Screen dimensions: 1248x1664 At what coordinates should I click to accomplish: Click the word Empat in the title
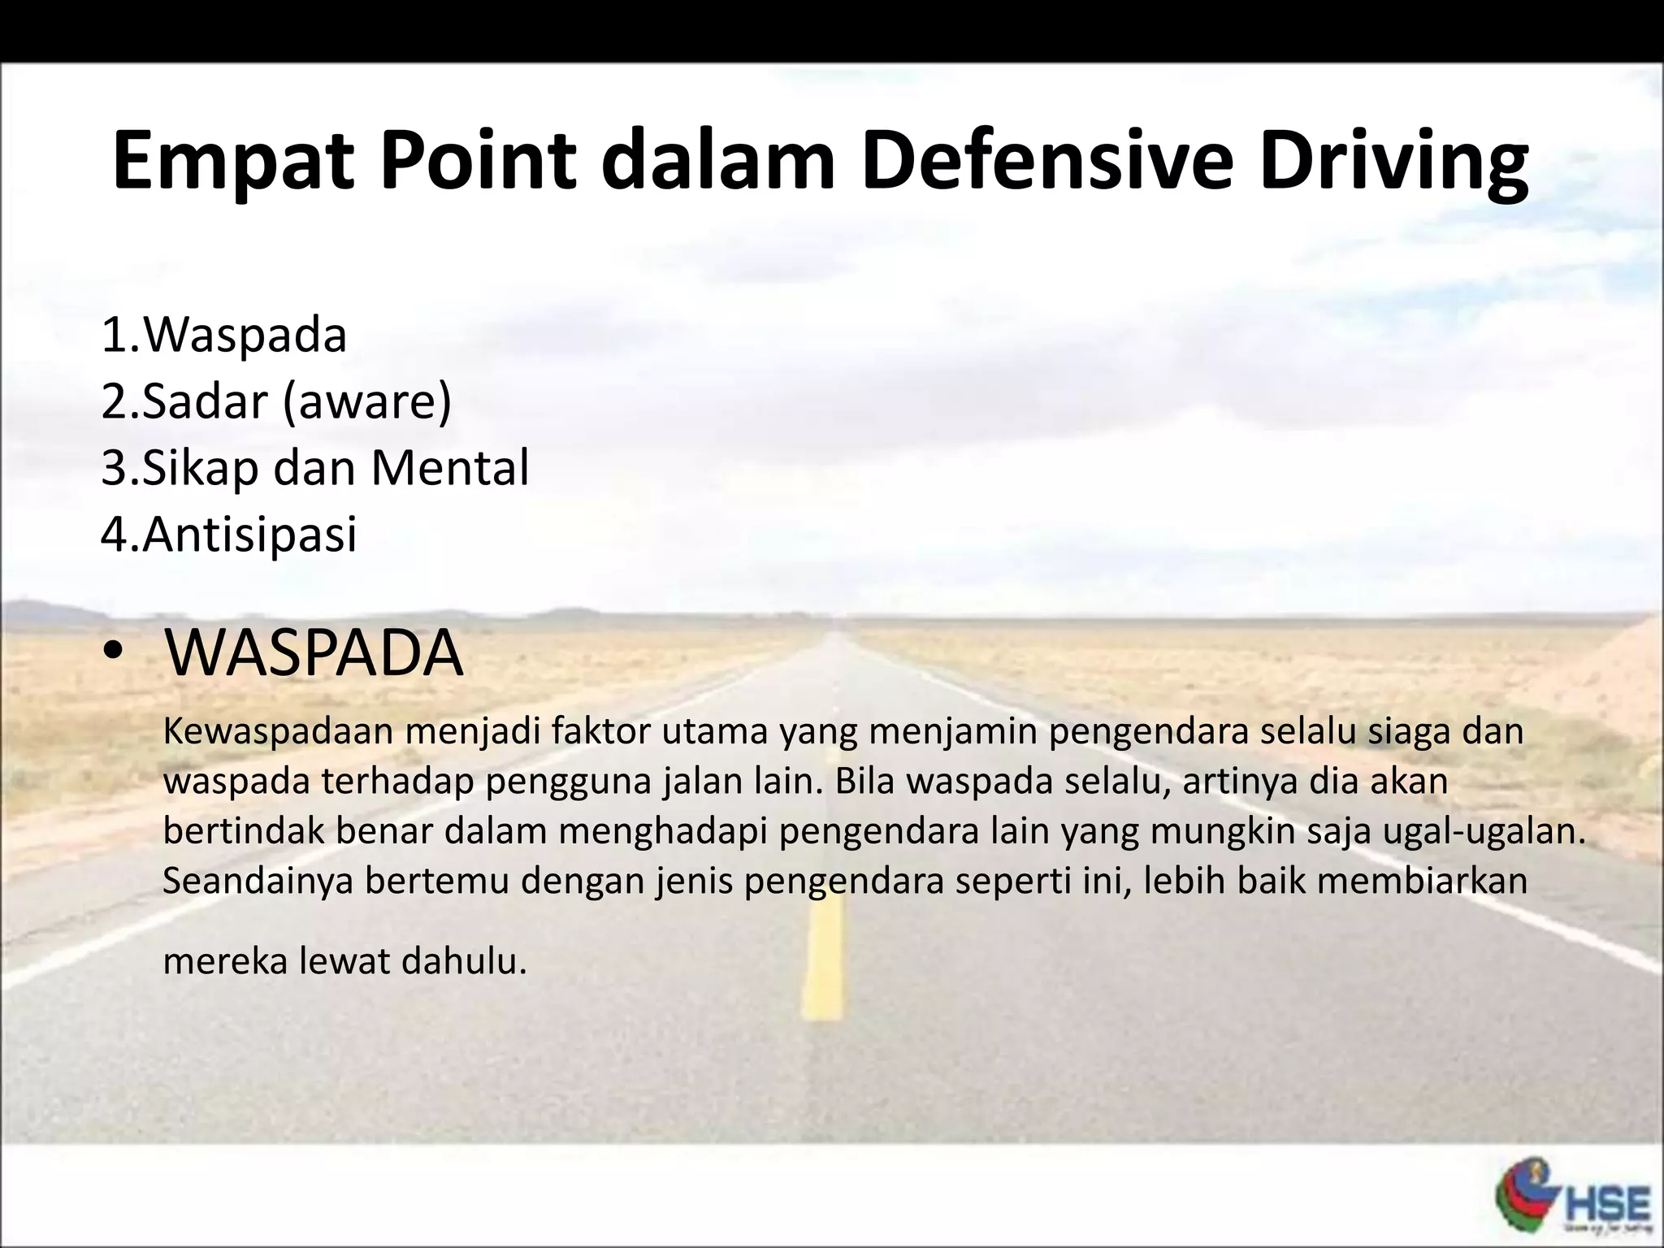click(232, 161)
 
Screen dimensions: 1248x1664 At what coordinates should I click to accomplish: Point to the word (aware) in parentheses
click(367, 401)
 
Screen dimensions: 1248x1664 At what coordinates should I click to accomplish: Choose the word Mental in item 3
click(449, 468)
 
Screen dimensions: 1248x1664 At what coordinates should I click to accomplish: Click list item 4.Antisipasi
click(229, 535)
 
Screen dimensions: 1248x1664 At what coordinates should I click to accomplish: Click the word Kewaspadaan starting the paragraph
click(278, 731)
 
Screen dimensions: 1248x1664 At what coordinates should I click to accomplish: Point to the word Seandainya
click(258, 881)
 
